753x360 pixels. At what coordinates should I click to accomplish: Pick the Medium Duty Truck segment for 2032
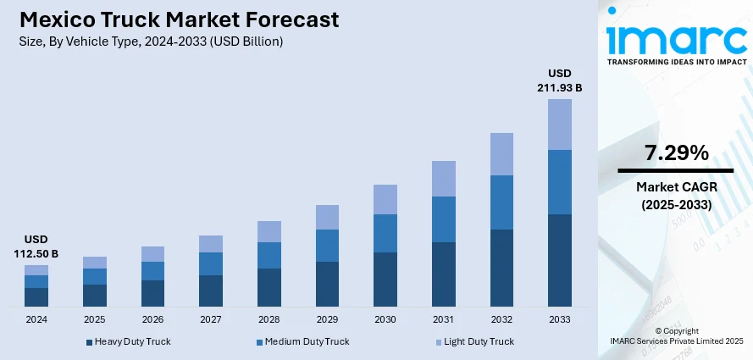click(x=501, y=202)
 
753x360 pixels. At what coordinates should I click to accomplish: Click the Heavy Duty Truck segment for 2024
click(x=36, y=297)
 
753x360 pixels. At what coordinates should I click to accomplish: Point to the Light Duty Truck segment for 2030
click(x=385, y=199)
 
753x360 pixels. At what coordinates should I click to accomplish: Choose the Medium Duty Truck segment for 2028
click(x=269, y=255)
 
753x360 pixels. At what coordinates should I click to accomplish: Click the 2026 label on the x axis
click(x=152, y=319)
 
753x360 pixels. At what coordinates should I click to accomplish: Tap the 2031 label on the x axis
click(x=444, y=319)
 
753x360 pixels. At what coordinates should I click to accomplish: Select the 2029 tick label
click(x=327, y=319)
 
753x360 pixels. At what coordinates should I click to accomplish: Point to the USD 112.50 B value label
click(x=36, y=246)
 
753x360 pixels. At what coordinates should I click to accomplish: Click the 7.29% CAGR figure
click(x=676, y=153)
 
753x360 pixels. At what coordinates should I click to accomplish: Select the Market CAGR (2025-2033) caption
click(x=676, y=196)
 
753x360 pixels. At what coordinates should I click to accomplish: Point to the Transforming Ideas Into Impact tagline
click(x=675, y=62)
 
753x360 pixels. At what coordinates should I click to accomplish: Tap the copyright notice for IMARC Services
click(x=676, y=335)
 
